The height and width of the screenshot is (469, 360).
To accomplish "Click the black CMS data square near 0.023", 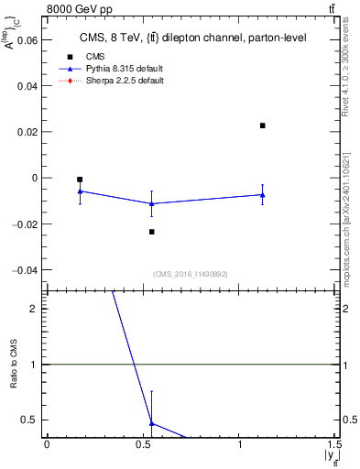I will [x=263, y=125].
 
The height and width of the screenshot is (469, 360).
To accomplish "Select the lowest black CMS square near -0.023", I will [x=152, y=232].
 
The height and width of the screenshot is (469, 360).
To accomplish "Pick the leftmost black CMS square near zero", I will [x=80, y=180].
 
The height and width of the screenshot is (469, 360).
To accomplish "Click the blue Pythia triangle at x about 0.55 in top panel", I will [x=152, y=203].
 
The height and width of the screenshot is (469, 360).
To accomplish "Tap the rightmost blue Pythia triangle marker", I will [x=263, y=194].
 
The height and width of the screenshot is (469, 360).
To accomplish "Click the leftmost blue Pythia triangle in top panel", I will [x=80, y=191].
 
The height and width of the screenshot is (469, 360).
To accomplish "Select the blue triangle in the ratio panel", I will [x=152, y=423].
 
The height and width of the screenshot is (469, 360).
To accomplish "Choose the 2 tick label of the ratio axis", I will [x=33, y=309].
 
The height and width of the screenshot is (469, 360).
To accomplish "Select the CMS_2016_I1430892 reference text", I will [x=191, y=273].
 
